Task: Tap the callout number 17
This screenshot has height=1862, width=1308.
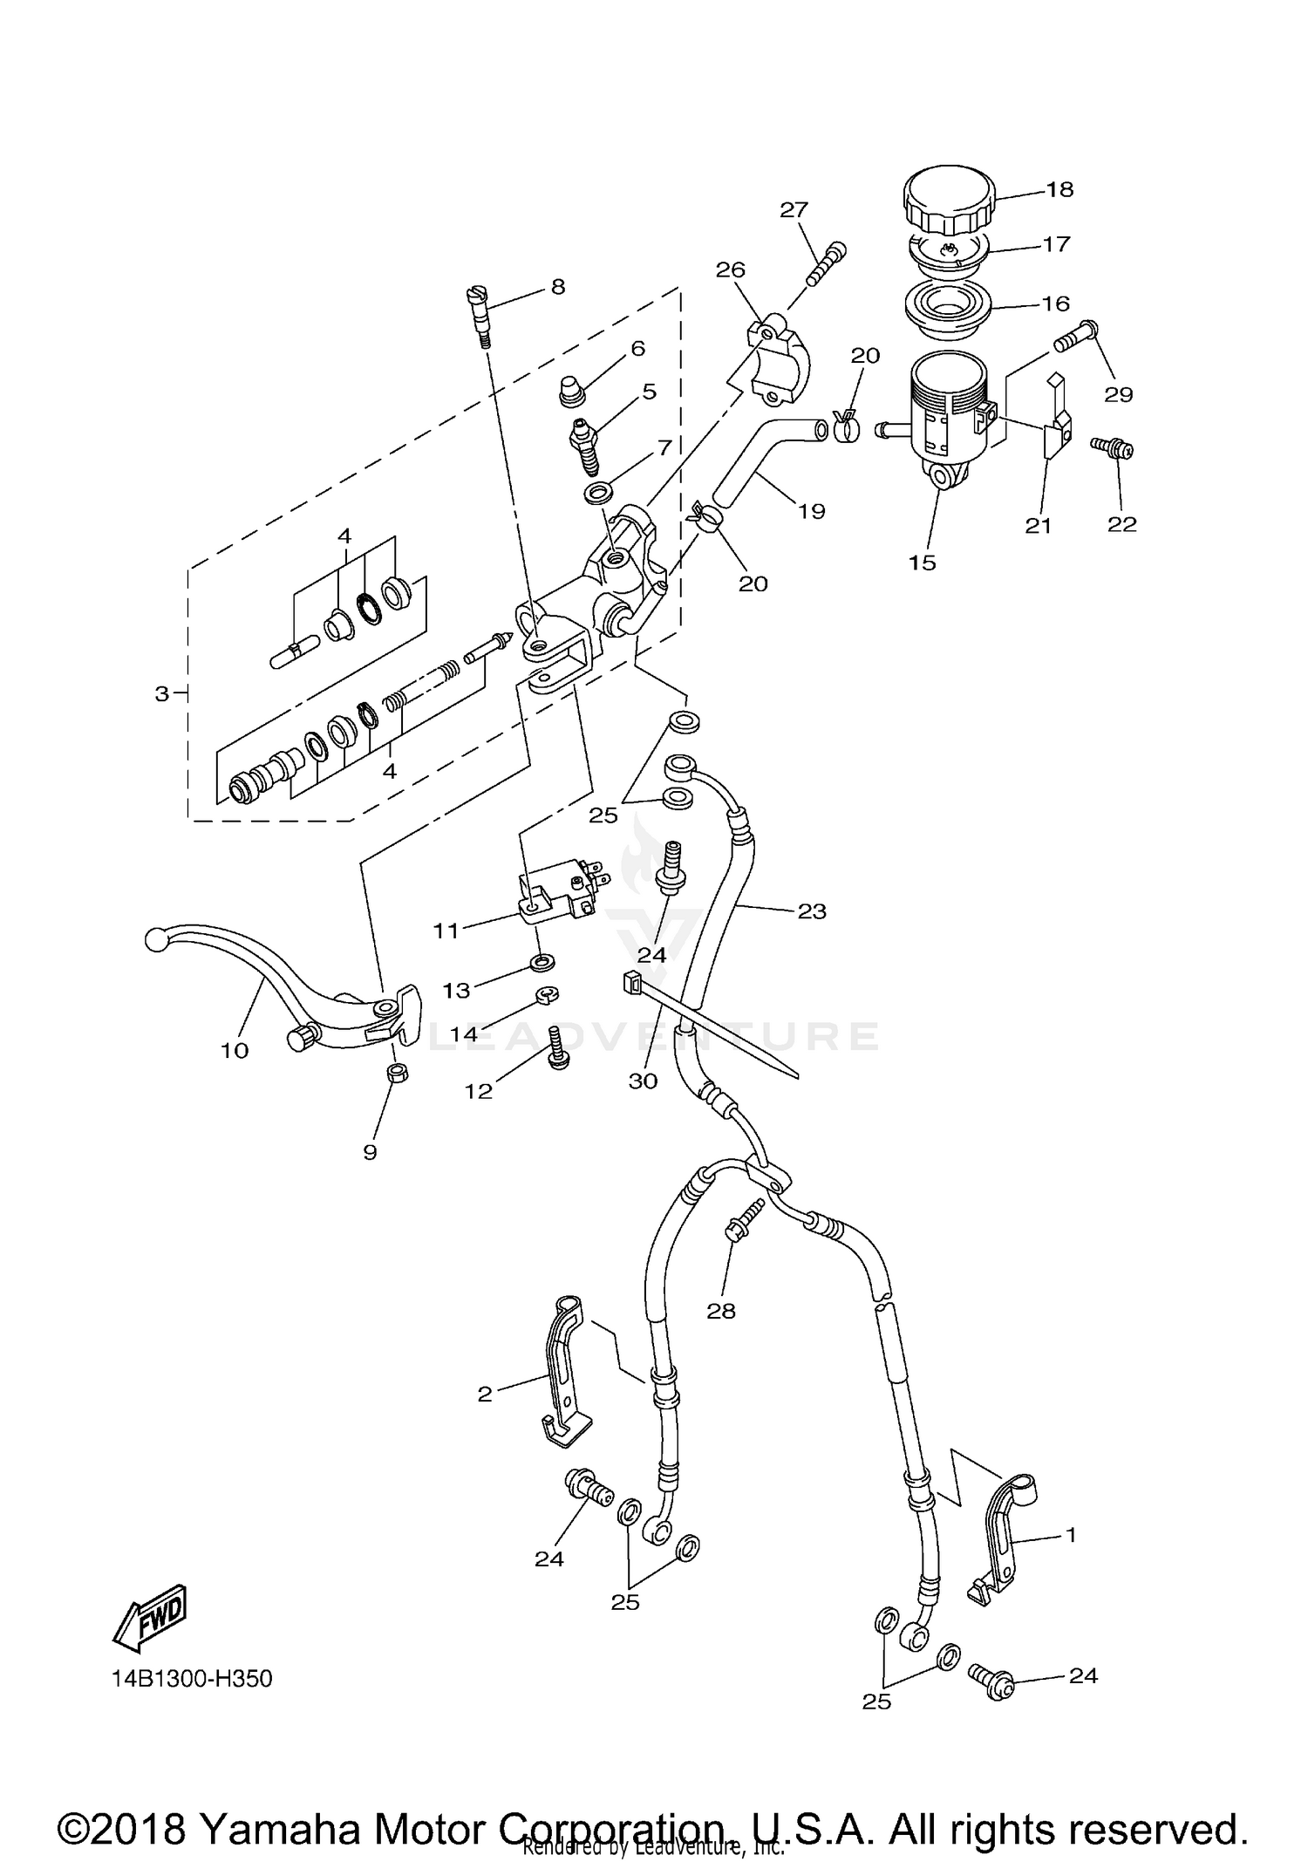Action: pos(1056,244)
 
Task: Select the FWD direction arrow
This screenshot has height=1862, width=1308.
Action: pos(150,1613)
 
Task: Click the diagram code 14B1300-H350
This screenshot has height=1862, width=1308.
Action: pos(192,1678)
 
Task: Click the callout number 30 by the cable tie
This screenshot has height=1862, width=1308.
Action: pos(644,1081)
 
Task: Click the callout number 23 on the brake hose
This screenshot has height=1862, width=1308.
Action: pos(811,911)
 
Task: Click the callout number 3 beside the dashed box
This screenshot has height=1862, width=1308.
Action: pos(161,694)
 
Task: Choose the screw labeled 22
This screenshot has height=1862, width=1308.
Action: pos(1113,449)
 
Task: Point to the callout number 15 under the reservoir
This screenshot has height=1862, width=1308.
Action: pos(922,563)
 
